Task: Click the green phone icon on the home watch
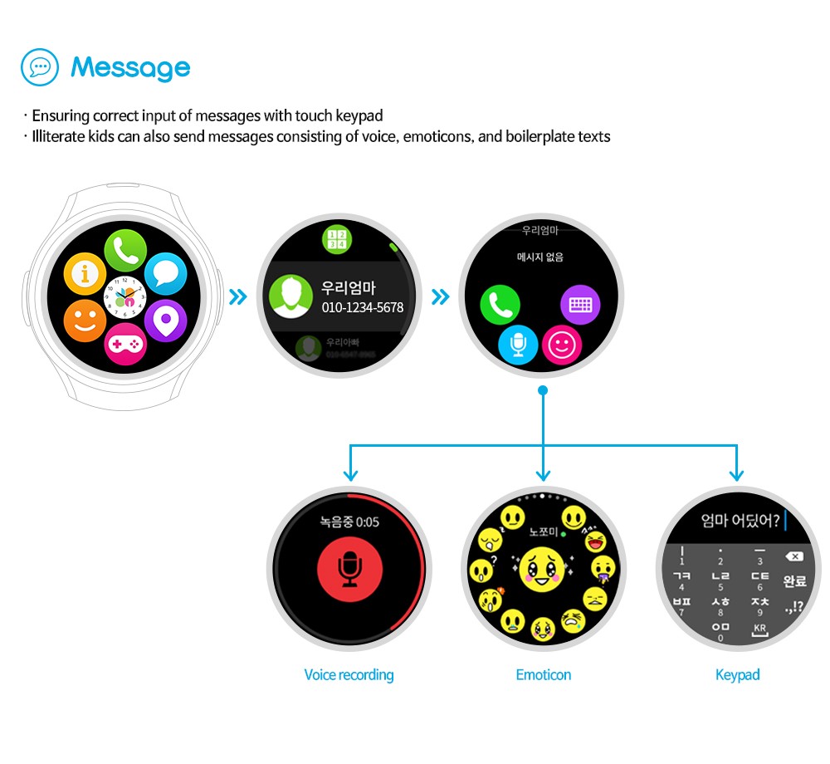[x=125, y=249]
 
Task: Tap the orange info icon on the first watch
[x=85, y=273]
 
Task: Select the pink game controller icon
[x=125, y=345]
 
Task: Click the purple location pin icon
[x=166, y=321]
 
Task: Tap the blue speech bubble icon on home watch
[x=166, y=273]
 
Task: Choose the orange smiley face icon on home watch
[x=85, y=321]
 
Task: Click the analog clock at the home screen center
[x=125, y=297]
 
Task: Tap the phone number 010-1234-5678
[x=363, y=308]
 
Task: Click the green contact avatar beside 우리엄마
[x=288, y=297]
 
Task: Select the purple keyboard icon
[x=580, y=305]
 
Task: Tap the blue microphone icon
[x=519, y=345]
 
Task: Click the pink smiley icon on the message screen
[x=562, y=345]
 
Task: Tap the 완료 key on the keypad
[x=794, y=580]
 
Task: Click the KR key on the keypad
[x=759, y=629]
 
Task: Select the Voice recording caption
[x=349, y=675]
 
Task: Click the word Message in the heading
[x=130, y=68]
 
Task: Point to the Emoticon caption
[x=543, y=675]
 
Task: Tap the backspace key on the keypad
[x=793, y=556]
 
